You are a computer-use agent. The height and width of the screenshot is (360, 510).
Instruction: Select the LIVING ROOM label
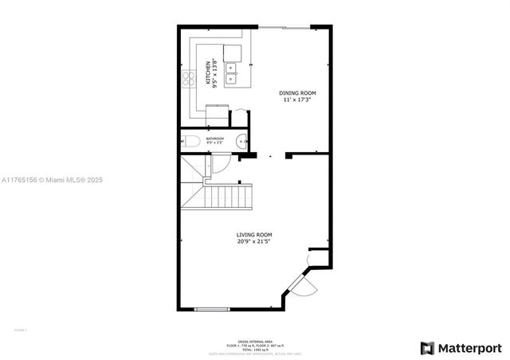pyautogui.click(x=254, y=234)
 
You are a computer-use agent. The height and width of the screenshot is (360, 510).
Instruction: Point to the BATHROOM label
pyautogui.click(x=215, y=139)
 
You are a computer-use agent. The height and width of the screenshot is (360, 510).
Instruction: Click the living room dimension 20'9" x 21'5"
pyautogui.click(x=254, y=241)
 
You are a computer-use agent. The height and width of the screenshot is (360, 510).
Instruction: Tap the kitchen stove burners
pyautogui.click(x=190, y=78)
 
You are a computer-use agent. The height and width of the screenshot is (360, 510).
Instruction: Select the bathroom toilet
pyautogui.click(x=191, y=143)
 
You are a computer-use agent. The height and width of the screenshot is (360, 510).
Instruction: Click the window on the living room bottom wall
pyautogui.click(x=212, y=308)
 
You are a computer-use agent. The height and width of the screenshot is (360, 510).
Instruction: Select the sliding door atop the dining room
pyautogui.click(x=284, y=27)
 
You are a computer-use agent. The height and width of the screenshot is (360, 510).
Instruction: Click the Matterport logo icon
pyautogui.click(x=428, y=348)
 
